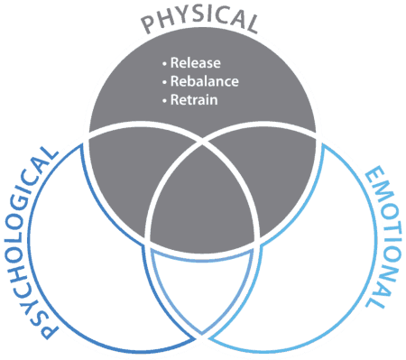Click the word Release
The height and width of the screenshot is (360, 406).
(191, 64)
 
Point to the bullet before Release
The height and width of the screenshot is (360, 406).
(164, 65)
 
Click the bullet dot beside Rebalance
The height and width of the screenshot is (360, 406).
(164, 82)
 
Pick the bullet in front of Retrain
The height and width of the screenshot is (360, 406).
(164, 99)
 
